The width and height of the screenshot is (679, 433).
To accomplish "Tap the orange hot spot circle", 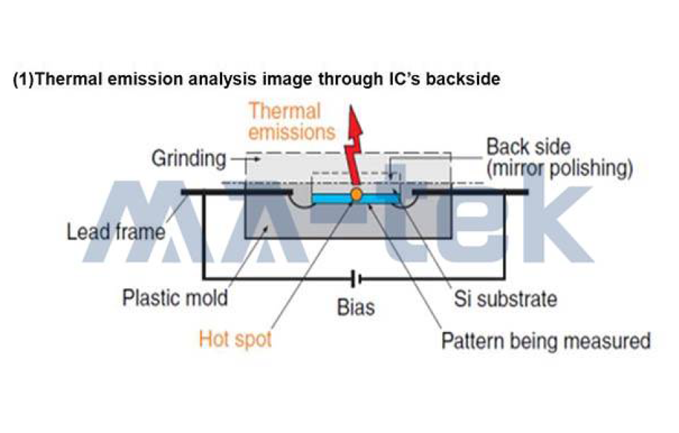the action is point(357,194).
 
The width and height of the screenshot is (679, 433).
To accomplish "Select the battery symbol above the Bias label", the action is point(357,279).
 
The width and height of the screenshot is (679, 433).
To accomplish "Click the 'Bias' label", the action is point(356,307).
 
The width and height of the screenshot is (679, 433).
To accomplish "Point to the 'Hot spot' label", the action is point(235,338).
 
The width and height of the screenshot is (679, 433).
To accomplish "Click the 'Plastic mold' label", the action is point(175,297).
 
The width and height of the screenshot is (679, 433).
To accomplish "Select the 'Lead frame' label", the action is point(116,232).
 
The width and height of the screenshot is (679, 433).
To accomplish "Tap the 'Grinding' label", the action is point(189,159).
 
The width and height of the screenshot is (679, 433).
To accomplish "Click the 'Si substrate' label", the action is point(506,299).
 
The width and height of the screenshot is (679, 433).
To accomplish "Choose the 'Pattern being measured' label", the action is point(545,341).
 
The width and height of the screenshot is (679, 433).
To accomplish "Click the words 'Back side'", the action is point(529,147).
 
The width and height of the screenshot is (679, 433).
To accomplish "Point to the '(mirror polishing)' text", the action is point(559,168).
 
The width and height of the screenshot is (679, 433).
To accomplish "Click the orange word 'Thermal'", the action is point(285,111).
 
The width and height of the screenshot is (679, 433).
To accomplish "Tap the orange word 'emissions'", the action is point(292,132).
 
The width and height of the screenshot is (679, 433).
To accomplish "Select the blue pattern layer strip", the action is point(355,198).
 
